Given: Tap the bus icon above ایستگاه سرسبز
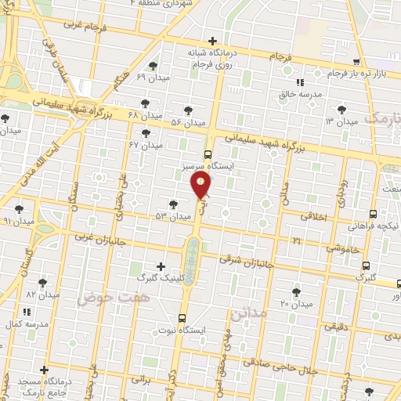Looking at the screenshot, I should click(208, 154).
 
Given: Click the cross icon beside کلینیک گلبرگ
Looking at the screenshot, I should click(161, 266).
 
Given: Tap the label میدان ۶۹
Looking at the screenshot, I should click(153, 78).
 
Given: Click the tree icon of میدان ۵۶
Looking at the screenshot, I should click(186, 110).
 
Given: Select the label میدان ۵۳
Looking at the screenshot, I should click(173, 215).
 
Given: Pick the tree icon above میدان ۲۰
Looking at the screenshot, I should click(295, 291).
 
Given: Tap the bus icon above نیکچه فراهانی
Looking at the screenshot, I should click(374, 213).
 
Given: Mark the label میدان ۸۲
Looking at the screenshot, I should click(42, 294).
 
